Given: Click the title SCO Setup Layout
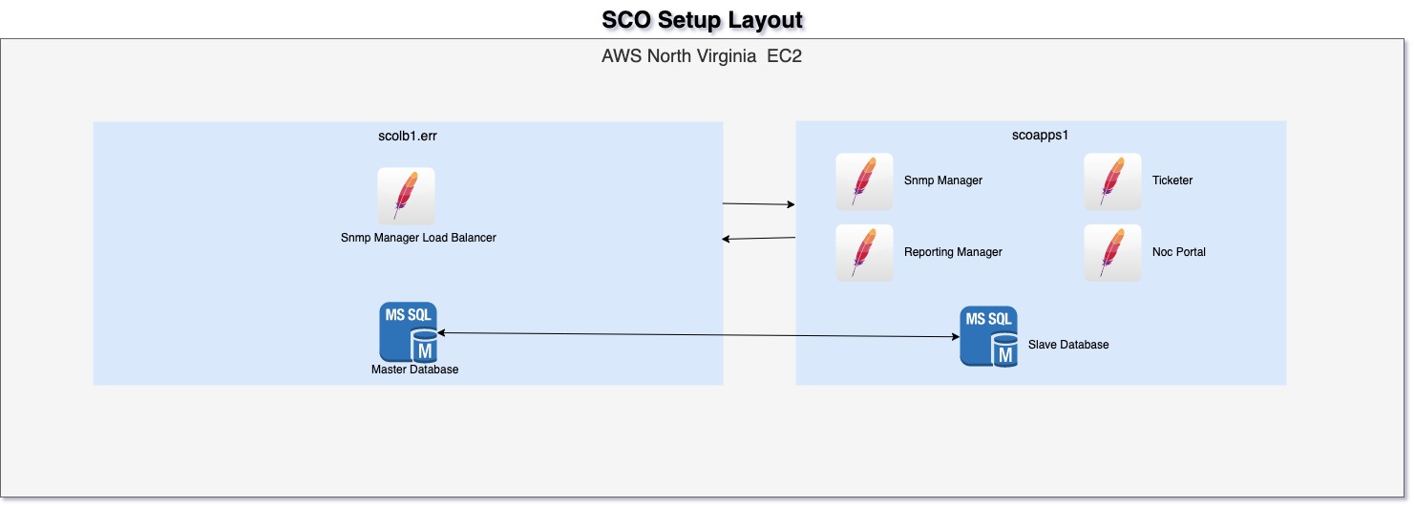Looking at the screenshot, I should tap(702, 20).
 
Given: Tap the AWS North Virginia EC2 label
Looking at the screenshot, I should tap(702, 55).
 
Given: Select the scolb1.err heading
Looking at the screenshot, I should tap(408, 136).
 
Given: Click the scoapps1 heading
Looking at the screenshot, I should tap(1041, 136).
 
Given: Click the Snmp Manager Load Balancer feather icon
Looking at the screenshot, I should tap(406, 196).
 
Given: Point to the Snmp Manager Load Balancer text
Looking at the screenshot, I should tap(418, 238).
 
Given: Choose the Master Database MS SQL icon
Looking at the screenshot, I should tap(409, 330).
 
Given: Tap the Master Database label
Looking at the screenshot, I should tap(414, 370).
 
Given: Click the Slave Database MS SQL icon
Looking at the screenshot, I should tap(988, 336).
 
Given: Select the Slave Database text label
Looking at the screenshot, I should tap(1068, 345).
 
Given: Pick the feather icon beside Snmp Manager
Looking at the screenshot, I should tap(864, 181).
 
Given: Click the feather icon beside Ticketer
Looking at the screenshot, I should tap(1112, 181).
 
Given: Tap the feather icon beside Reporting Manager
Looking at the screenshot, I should tap(864, 253).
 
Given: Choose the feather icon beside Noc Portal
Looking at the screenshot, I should tap(1112, 253).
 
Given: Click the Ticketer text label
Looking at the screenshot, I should tap(1172, 180).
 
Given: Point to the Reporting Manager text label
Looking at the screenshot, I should tap(953, 252).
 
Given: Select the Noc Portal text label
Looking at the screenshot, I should tap(1179, 252).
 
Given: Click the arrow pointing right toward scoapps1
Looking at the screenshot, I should tap(759, 204).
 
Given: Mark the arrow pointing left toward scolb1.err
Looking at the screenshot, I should tap(759, 238).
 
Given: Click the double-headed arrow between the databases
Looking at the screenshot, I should tap(697, 334).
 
